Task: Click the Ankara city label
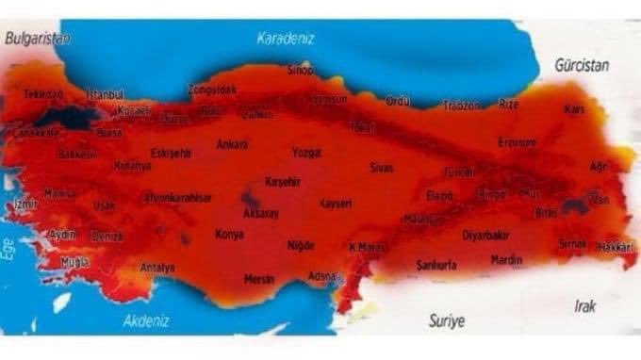pyautogui.click(x=232, y=144)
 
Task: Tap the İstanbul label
pyautogui.click(x=105, y=95)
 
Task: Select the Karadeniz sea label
pyautogui.click(x=286, y=39)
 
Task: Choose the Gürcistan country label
pyautogui.click(x=582, y=66)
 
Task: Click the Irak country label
pyautogui.click(x=584, y=306)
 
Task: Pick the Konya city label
pyautogui.click(x=229, y=234)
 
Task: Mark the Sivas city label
pyautogui.click(x=381, y=168)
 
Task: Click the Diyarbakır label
pyautogui.click(x=486, y=235)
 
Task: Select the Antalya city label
pyautogui.click(x=157, y=268)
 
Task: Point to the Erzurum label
pyautogui.click(x=517, y=142)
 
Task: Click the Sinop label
pyautogui.click(x=300, y=70)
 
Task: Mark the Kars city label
pyautogui.click(x=574, y=109)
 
